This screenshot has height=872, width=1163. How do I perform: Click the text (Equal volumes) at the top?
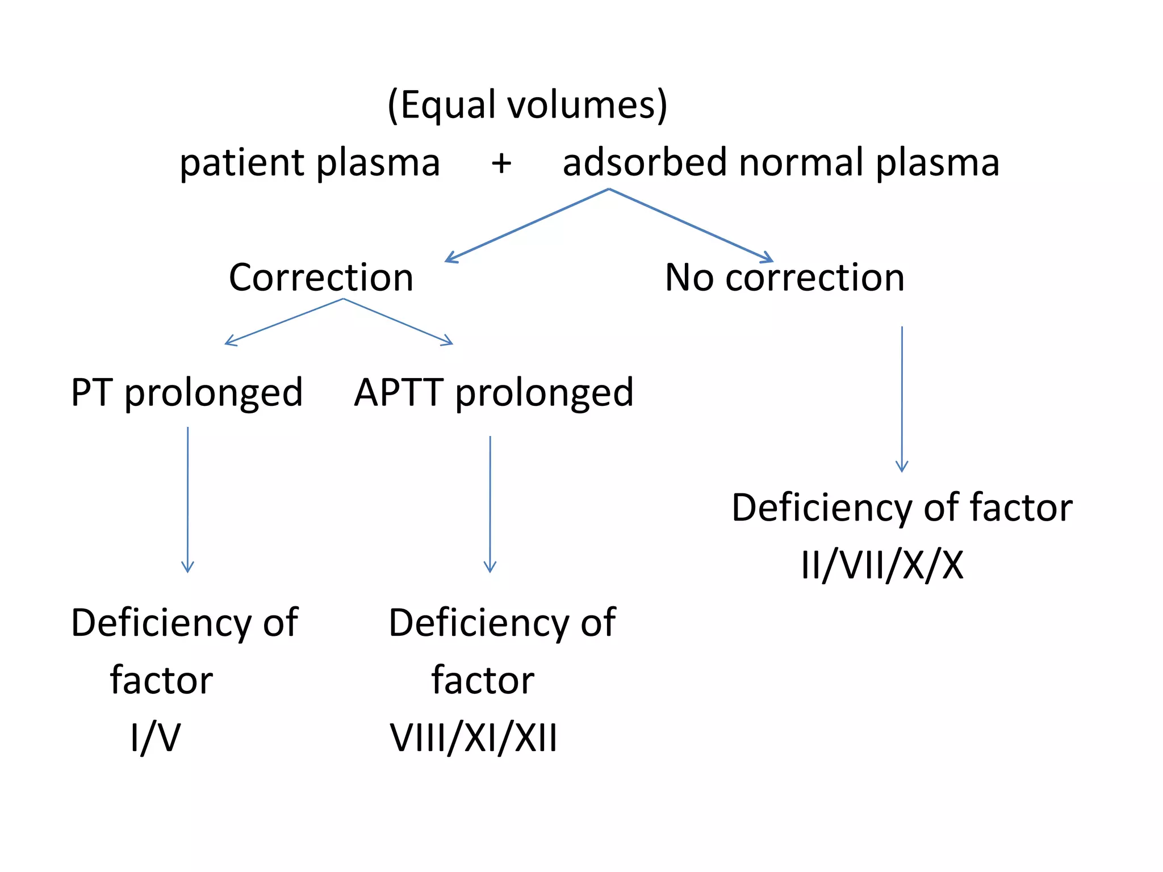tap(527, 106)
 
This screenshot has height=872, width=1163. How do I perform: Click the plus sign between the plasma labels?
tap(501, 163)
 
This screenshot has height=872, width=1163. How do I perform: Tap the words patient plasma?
tap(309, 163)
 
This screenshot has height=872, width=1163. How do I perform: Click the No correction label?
tap(784, 278)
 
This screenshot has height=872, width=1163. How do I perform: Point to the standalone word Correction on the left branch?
tap(321, 278)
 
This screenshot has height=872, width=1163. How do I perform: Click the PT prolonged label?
tap(187, 393)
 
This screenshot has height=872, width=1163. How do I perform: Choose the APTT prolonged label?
tap(493, 393)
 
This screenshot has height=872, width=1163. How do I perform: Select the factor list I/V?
tap(155, 738)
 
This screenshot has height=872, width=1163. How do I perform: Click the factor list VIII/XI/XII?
tap(473, 738)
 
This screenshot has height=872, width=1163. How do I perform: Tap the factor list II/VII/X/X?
tap(882, 565)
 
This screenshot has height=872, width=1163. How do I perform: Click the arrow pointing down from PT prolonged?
tap(187, 500)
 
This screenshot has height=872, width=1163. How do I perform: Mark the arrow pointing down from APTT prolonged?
tap(490, 504)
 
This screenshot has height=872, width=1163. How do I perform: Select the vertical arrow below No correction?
tap(902, 399)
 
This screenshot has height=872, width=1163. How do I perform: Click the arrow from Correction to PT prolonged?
tap(284, 322)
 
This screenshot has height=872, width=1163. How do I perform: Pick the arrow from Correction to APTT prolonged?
tap(398, 321)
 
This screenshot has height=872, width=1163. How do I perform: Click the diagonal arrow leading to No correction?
tap(691, 225)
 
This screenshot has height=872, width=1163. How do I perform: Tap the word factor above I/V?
tap(161, 680)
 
